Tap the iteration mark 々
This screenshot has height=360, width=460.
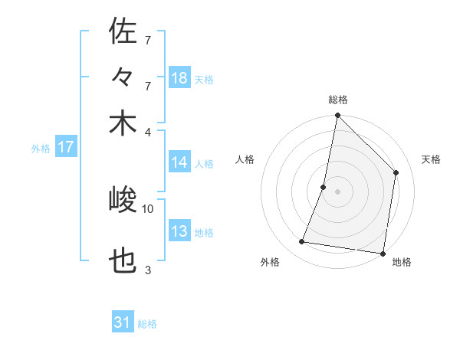coord(123,77)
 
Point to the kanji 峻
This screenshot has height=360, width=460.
coord(123,201)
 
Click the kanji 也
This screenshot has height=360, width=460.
coord(123,263)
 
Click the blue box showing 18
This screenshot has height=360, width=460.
coord(179,78)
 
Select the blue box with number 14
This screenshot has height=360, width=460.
coord(179,162)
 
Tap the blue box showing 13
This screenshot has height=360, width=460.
coord(179,231)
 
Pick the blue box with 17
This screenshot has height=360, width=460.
coord(66,147)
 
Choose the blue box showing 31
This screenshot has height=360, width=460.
coord(123,322)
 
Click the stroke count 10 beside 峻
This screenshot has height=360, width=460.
coord(148,208)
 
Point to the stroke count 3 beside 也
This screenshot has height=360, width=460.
coord(148,270)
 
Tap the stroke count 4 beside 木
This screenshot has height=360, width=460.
coord(148,131)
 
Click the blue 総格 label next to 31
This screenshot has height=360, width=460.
coord(147,324)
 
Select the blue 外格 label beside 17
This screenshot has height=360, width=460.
coord(41,149)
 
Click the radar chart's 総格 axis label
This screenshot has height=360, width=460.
coord(338,100)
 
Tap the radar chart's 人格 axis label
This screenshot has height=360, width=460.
coord(245,159)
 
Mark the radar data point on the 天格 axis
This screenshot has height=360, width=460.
coord(396,172)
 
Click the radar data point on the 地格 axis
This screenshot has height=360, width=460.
coord(383,254)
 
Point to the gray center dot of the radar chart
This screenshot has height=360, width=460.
coord(337,191)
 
